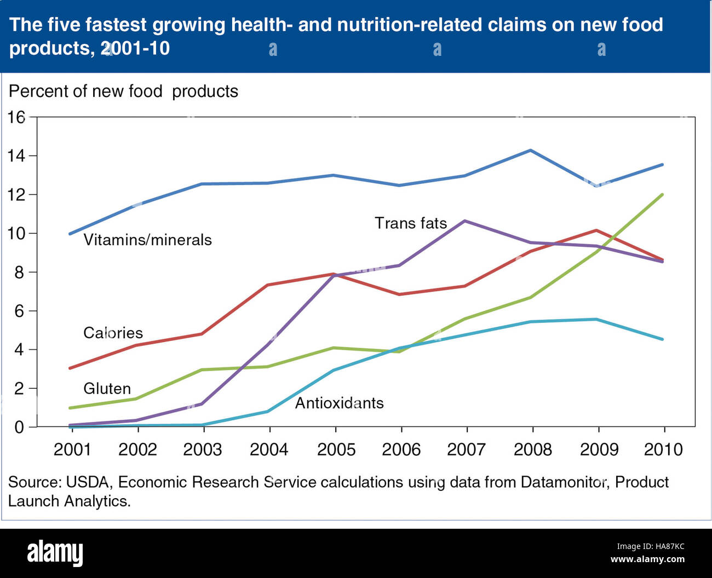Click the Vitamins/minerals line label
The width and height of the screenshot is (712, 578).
[x=147, y=240]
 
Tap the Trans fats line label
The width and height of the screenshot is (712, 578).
[x=411, y=223]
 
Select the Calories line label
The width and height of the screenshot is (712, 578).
[x=113, y=333]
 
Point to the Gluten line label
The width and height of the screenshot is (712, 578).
[x=107, y=389]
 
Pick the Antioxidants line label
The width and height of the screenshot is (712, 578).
[x=339, y=403]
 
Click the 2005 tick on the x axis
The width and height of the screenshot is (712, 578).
[x=336, y=449]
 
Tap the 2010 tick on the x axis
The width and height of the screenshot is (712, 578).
[x=663, y=449]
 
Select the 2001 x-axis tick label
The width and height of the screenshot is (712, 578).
[x=72, y=449]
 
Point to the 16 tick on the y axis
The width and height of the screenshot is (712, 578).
[x=16, y=117]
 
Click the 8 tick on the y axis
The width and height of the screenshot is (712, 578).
[x=20, y=272]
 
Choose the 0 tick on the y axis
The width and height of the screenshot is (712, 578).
[x=20, y=427]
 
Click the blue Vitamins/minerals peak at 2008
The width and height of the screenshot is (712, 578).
[x=530, y=150]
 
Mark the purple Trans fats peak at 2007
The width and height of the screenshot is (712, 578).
[x=465, y=221]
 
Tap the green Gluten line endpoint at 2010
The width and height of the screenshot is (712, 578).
[x=663, y=194]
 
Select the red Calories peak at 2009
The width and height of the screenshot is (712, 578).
[x=596, y=230]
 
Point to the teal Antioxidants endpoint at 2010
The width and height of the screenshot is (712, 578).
[x=663, y=339]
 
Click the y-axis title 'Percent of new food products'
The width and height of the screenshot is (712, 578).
[x=123, y=91]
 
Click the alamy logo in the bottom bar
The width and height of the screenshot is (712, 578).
[x=55, y=553]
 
